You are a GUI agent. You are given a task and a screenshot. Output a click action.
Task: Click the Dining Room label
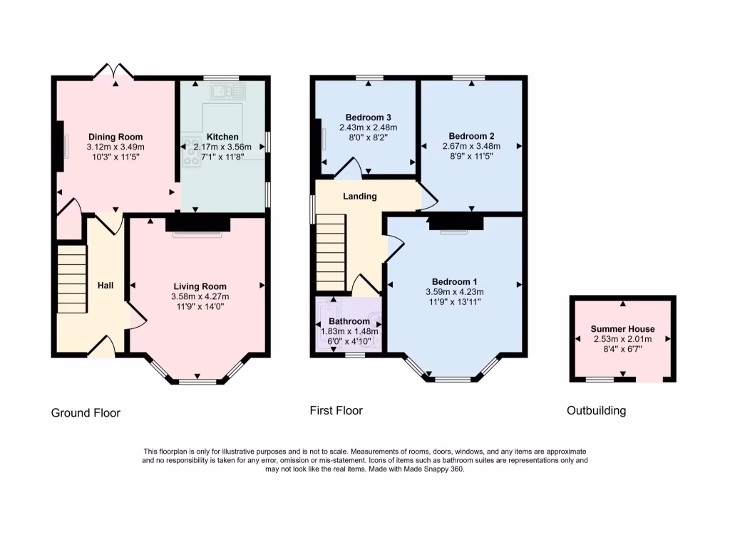pos(115,137)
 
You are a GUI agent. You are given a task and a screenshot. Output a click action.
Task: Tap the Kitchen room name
pos(222,137)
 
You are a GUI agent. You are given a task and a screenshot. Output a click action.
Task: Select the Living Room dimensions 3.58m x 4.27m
pos(200,296)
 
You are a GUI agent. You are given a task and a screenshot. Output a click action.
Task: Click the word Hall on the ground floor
pos(106,286)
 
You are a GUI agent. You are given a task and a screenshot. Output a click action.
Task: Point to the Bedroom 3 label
pos(368,118)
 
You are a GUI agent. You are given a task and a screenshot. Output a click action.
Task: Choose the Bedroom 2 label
pos(471,136)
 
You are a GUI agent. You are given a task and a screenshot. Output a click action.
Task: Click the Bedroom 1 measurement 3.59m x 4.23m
pos(454,291)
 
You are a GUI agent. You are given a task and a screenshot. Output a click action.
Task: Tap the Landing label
pos(359,197)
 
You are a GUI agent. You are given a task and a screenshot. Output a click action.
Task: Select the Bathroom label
pos(349,321)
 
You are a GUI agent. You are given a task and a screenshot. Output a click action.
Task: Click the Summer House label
pos(622,329)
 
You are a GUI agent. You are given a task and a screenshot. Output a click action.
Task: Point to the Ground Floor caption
pos(86,413)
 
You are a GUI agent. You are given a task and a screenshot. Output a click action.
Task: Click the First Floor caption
pos(336,410)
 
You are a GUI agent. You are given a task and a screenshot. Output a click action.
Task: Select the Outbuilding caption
pos(596,411)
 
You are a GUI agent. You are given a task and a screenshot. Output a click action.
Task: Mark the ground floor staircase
pos(72,278)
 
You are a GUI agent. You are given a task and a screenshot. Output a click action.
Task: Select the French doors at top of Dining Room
pos(115,71)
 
